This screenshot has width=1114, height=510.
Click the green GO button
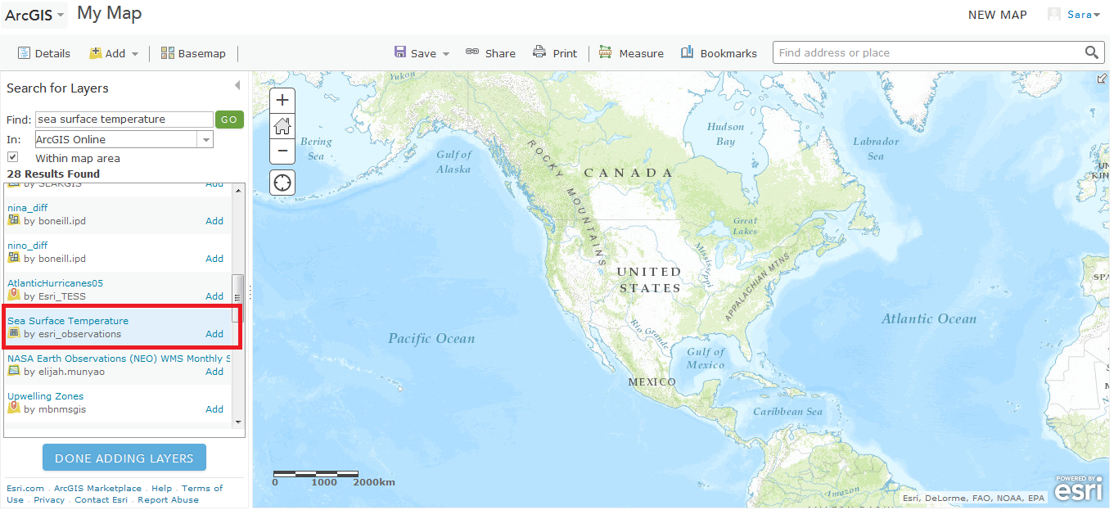click(229, 120)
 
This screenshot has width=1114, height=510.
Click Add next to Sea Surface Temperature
click(214, 334)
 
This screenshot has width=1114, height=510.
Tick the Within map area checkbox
click(13, 156)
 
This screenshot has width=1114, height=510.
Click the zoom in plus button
click(282, 101)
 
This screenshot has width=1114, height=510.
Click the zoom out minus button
click(282, 151)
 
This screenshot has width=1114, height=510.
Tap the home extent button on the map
click(282, 126)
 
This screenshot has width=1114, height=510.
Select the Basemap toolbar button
click(193, 53)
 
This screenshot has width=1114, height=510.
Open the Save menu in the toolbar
click(422, 53)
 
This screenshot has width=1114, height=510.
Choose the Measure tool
click(631, 53)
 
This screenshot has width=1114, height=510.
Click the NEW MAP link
click(997, 15)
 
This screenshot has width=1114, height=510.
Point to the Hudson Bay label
click(725, 133)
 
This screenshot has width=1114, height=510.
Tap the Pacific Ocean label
click(431, 338)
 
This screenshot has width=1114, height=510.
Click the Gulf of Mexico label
click(706, 358)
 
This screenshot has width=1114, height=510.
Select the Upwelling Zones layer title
click(46, 396)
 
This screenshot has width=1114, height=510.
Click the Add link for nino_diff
click(214, 259)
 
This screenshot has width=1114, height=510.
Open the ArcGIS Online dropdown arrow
click(205, 140)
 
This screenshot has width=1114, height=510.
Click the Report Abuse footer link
click(168, 499)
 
